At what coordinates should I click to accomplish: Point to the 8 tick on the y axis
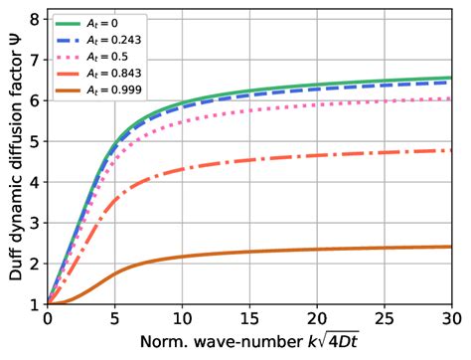(37, 19)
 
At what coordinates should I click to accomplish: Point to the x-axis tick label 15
(248, 320)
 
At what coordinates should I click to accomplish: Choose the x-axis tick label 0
(47, 320)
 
